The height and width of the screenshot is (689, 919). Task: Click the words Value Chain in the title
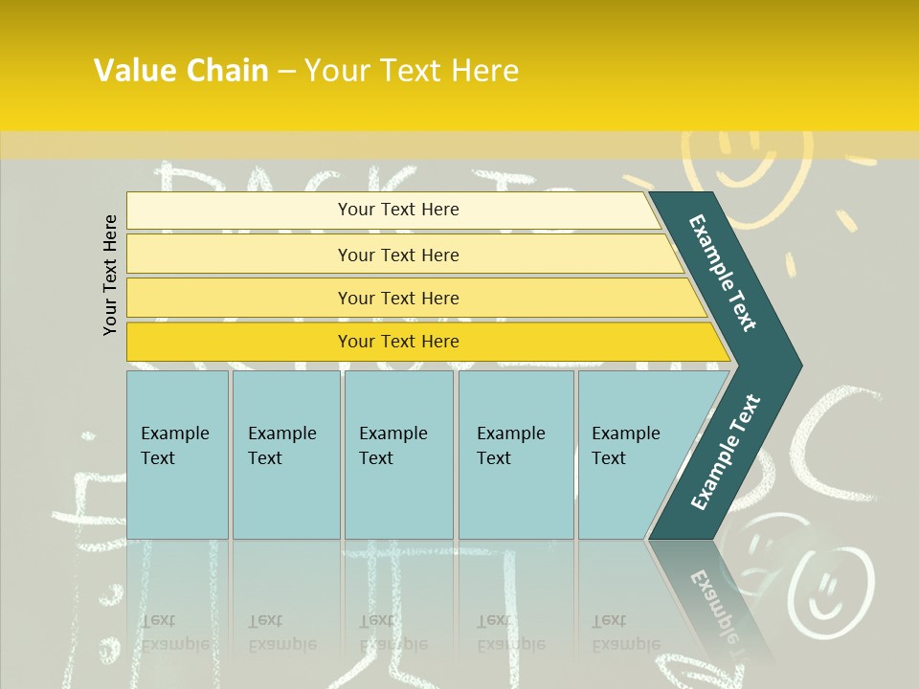181,71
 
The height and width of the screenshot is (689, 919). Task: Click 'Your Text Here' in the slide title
412,71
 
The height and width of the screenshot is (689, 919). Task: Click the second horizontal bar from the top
398,255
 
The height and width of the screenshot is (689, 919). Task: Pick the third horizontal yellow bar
398,298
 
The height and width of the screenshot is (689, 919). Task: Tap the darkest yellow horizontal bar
398,342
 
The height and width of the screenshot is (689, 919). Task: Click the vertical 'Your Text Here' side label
110,276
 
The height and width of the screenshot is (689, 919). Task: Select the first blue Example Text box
177,454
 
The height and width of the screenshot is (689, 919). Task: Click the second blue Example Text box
285,454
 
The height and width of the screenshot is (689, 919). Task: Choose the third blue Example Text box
397,454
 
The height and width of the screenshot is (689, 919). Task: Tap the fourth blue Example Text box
515,454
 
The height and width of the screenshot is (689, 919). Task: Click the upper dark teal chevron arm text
723,273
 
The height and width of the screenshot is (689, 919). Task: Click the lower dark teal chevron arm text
726,452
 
